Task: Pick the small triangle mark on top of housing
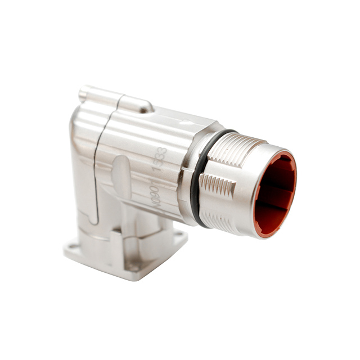pyautogui.click(x=183, y=121)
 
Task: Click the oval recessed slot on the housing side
pyautogui.click(x=120, y=179)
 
